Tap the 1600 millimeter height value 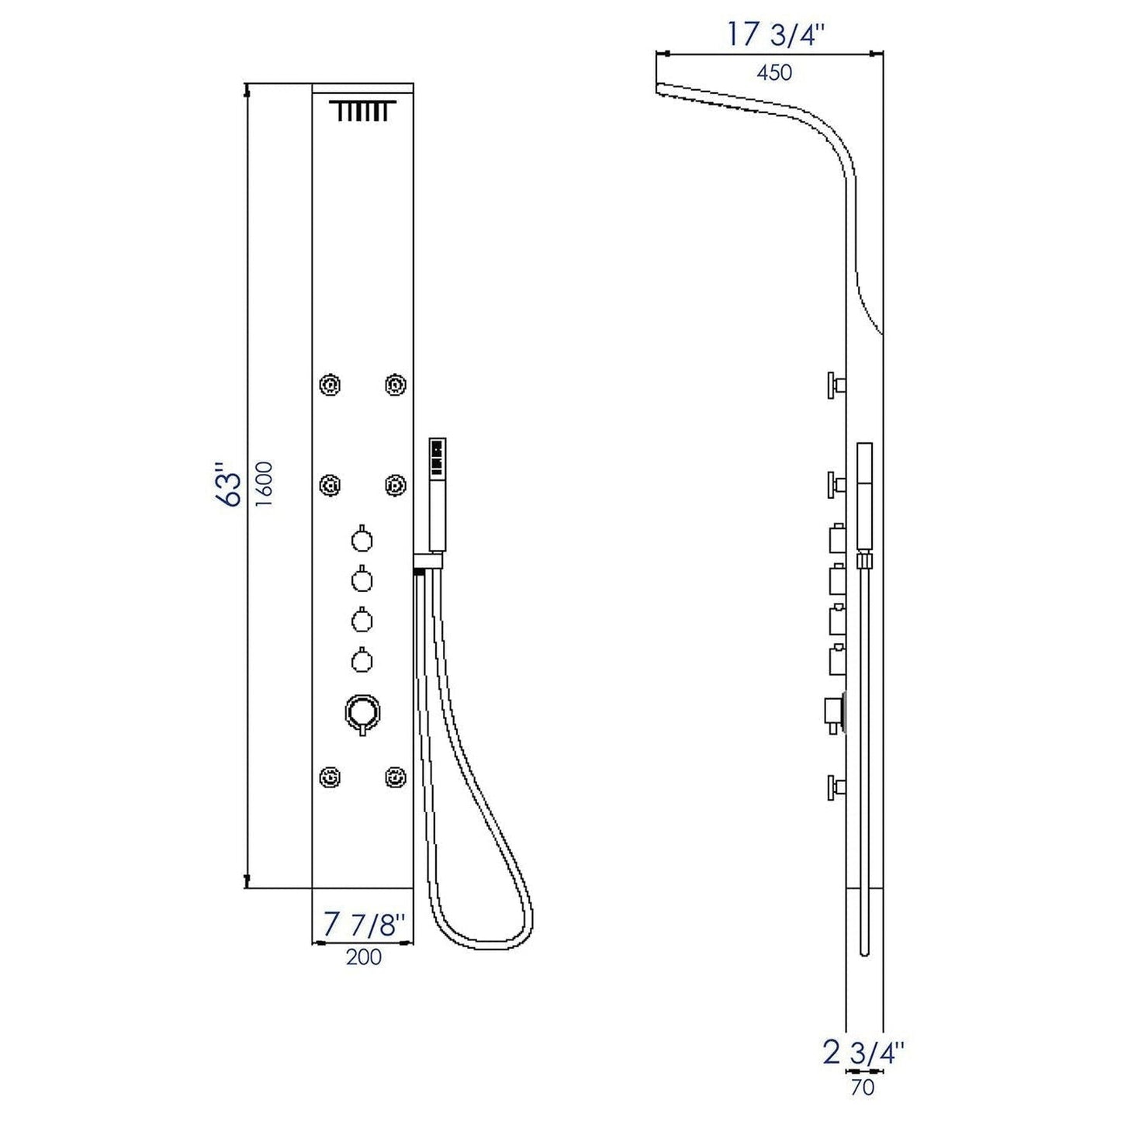pyautogui.click(x=265, y=484)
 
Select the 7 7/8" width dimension pyautogui.click(x=363, y=925)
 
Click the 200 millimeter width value pyautogui.click(x=363, y=957)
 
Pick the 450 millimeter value pyautogui.click(x=773, y=72)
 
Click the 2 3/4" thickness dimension pyautogui.click(x=863, y=1054)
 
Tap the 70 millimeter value pyautogui.click(x=862, y=1088)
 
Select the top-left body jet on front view pyautogui.click(x=330, y=384)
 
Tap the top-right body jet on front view pyautogui.click(x=396, y=384)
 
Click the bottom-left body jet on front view pyautogui.click(x=330, y=776)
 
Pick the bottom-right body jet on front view pyautogui.click(x=396, y=776)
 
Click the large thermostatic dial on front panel pyautogui.click(x=362, y=711)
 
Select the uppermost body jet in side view pyautogui.click(x=835, y=385)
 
